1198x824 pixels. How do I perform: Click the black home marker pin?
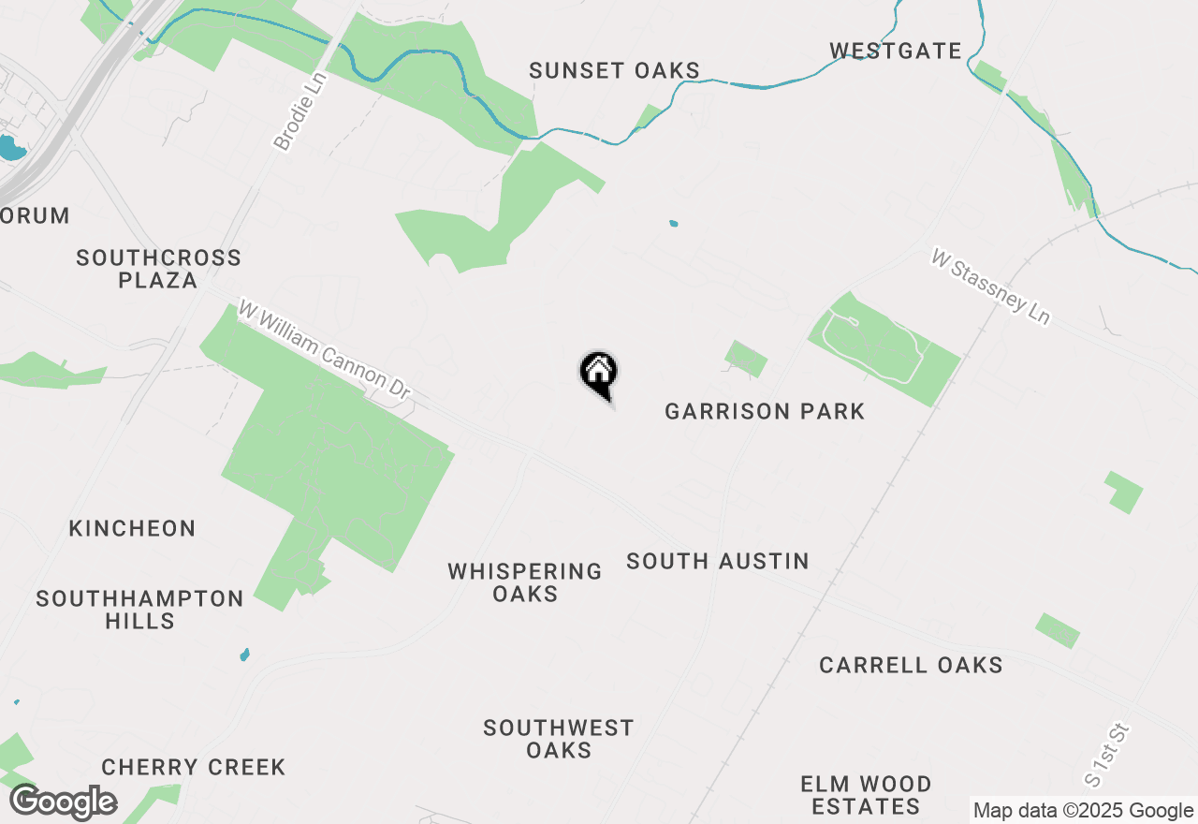point(599,373)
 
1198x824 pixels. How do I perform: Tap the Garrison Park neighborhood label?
point(765,411)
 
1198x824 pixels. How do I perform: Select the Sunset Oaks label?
point(614,70)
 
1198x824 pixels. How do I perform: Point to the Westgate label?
point(896,51)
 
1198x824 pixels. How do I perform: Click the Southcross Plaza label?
point(158,269)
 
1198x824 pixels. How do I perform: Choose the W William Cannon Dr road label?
point(325,351)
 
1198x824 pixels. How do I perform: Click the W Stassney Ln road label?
point(990,287)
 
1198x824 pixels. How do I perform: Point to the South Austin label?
point(718,561)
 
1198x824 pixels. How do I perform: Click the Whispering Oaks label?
point(525,582)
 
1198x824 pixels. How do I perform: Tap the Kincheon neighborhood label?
point(132,528)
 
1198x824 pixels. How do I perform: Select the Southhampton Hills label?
point(139,610)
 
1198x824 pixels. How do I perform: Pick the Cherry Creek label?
point(194,767)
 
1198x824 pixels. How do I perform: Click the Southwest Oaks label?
point(559,739)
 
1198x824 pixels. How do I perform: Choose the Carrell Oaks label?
point(911,665)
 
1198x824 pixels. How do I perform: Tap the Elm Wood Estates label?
point(866,795)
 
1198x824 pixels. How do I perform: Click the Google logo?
point(64,802)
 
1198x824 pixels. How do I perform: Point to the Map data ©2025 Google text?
point(1083,810)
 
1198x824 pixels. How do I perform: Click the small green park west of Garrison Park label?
point(746,359)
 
